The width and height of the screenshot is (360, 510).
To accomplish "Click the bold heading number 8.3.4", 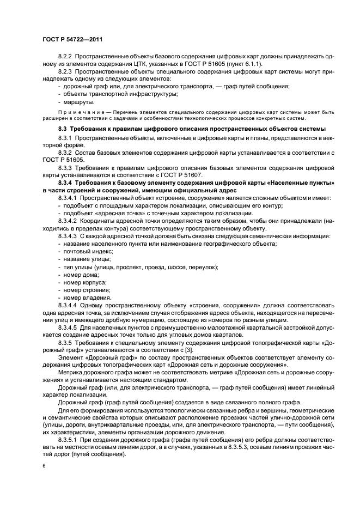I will [67, 183].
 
